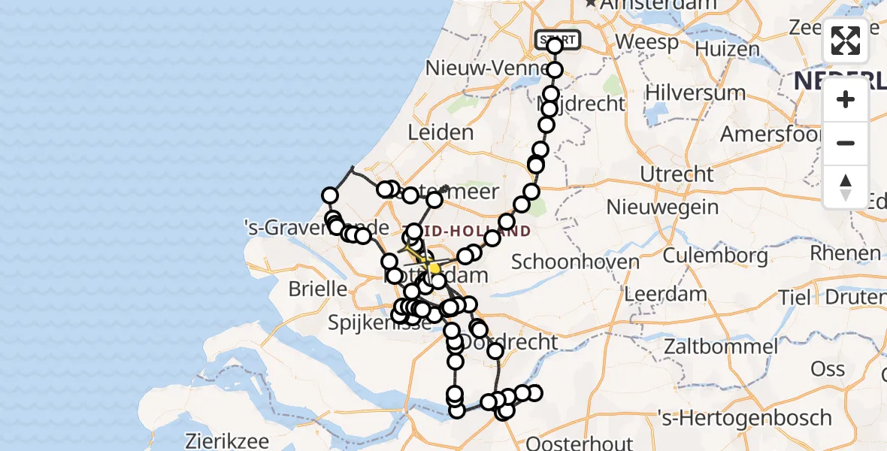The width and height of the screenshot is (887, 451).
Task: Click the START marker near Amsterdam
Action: pyautogui.click(x=557, y=39)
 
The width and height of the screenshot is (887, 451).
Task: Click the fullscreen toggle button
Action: pyautogui.click(x=846, y=41)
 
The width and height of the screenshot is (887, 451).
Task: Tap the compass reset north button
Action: pyautogui.click(x=846, y=187)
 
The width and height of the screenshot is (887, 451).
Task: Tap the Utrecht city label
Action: pyautogui.click(x=677, y=174)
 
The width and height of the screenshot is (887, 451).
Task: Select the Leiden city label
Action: pyautogui.click(x=440, y=132)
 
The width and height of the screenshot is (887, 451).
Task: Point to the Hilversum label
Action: pyautogui.click(x=695, y=92)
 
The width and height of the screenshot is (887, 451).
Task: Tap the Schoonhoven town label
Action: pyautogui.click(x=575, y=262)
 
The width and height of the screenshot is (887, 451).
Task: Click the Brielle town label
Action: pyautogui.click(x=316, y=289)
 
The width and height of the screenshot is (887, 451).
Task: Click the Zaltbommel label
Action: pyautogui.click(x=720, y=347)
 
